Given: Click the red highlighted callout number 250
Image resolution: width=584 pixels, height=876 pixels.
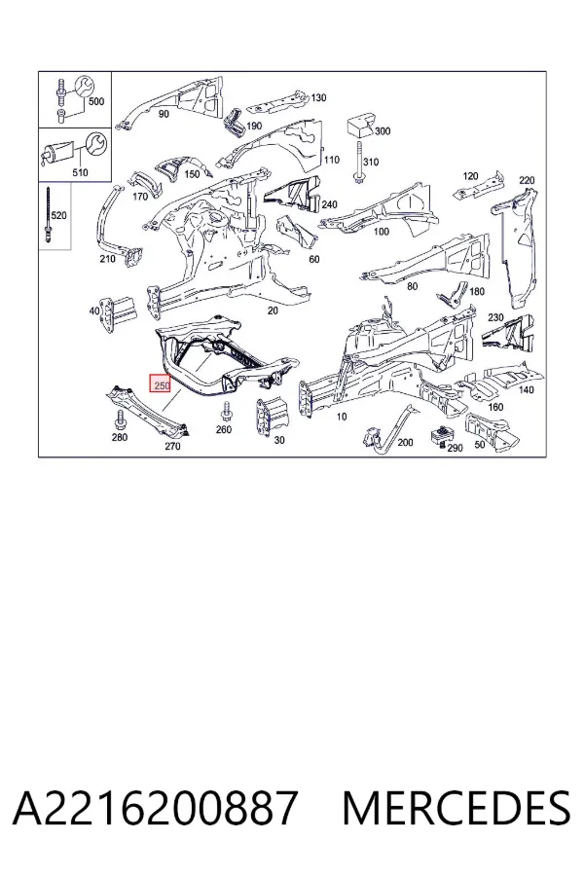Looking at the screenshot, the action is point(161,383).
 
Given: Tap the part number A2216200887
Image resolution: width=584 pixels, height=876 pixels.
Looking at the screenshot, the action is point(155,808).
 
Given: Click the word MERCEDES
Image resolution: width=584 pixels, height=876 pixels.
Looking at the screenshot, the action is point(456,808).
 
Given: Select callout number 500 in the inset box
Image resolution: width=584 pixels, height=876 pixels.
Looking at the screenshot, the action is point(96,101).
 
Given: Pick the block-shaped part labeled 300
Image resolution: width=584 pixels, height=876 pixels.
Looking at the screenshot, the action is point(360,128).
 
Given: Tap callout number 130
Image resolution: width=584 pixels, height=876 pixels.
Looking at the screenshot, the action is point(318,97).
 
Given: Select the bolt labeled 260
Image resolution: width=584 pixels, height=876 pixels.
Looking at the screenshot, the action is point(226,411).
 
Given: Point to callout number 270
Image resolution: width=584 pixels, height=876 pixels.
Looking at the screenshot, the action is point(172,446).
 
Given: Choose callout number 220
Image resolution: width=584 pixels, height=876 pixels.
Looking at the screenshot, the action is point(527,180).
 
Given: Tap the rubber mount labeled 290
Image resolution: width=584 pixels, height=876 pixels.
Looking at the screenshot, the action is point(443,437).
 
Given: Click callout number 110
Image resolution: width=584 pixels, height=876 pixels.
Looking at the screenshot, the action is point(331,160).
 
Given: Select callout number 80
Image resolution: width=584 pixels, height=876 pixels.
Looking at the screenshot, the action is point(412,286).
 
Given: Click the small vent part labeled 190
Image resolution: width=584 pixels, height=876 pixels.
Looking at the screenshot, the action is point(233,122).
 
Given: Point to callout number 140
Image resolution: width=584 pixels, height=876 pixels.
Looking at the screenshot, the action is point(526,390).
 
